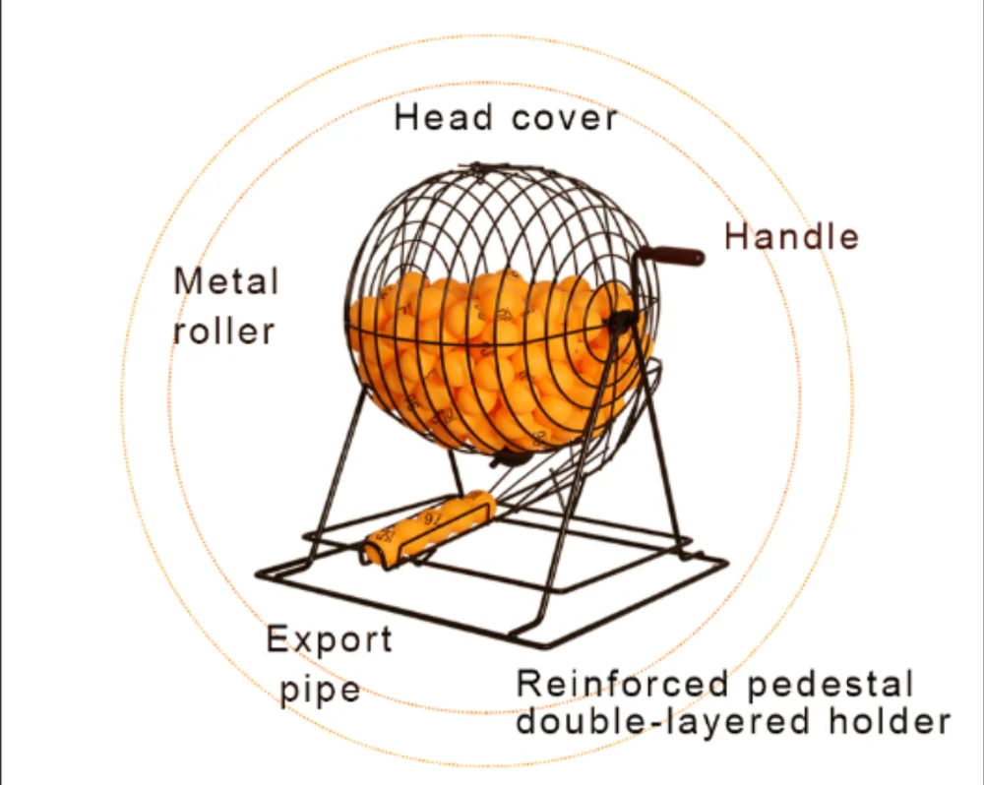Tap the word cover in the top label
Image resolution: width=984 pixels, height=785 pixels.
point(564,118)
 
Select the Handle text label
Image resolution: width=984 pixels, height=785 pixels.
point(792,237)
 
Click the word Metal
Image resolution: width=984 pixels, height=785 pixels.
point(226,281)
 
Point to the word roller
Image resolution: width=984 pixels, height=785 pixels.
point(223,331)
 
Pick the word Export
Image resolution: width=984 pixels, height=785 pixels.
point(329,640)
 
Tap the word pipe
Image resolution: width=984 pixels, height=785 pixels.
point(320,690)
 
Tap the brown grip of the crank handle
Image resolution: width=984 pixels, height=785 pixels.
point(680,256)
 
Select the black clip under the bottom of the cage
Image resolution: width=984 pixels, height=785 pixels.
point(508,456)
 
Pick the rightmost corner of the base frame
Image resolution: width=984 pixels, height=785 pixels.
point(725,562)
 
